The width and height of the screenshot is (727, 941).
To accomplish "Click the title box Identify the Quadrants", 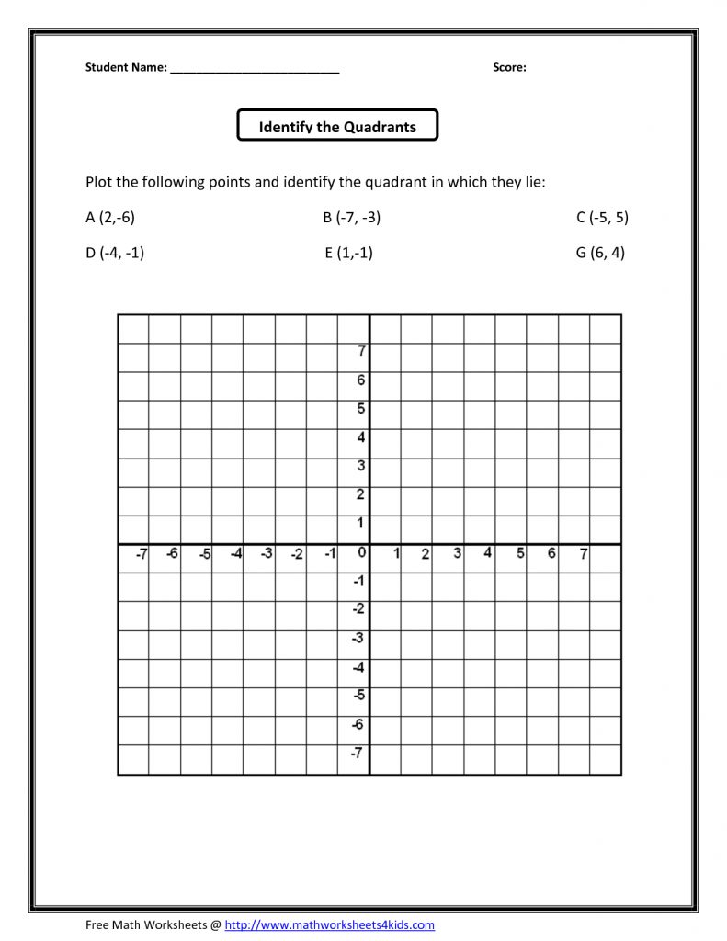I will tap(337, 126).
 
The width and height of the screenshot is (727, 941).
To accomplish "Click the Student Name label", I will tap(126, 67).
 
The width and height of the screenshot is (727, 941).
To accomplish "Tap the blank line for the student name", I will tap(255, 69).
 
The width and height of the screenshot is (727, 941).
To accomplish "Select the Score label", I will tap(509, 67).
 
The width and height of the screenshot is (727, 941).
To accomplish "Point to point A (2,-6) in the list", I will tap(109, 218).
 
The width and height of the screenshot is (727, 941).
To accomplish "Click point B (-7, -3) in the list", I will tap(351, 218).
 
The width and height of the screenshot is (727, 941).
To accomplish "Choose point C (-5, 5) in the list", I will tap(602, 218).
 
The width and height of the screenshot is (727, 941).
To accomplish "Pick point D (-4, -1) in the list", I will tap(115, 253).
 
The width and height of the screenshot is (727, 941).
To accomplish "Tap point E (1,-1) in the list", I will tap(348, 253).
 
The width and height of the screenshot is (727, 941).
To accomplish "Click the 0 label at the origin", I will tap(362, 552).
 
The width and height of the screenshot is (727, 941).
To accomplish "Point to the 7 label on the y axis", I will tap(362, 350).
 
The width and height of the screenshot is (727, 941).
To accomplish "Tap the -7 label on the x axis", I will tap(141, 554).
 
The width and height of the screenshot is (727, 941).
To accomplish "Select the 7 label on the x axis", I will tap(583, 554).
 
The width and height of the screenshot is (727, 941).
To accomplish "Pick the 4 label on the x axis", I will tap(488, 553).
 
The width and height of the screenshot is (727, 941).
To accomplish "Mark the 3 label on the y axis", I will tap(361, 466).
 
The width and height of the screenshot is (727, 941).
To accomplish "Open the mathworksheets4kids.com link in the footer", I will tap(329, 924).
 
